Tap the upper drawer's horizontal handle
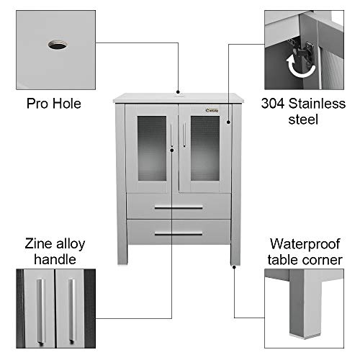pyautogui.click(x=178, y=207)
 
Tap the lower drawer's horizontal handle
pyautogui.click(x=178, y=234)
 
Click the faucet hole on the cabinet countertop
pyautogui.click(x=179, y=94)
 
